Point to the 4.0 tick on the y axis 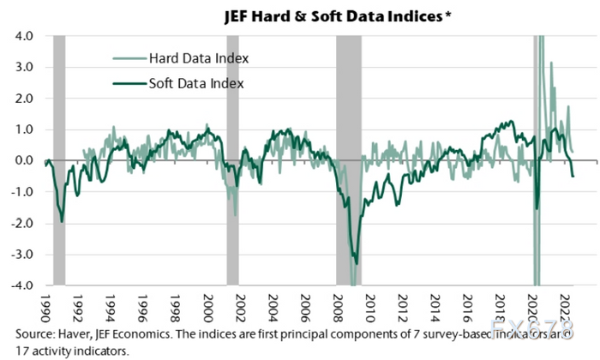click(x=21, y=36)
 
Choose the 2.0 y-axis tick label click(x=21, y=99)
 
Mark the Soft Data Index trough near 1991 click(x=62, y=221)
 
